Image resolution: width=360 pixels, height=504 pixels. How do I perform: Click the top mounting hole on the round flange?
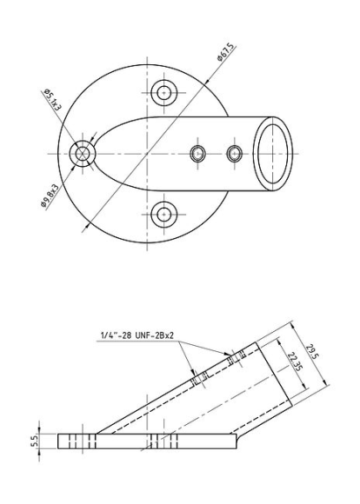[x=164, y=93]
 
